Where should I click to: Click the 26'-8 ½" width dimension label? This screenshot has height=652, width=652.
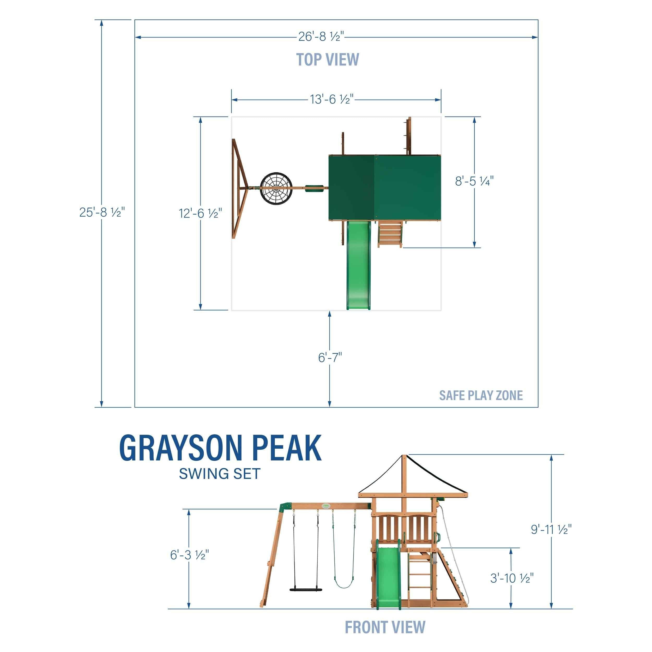[x=321, y=37]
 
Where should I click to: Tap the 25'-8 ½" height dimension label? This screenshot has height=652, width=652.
[x=102, y=212]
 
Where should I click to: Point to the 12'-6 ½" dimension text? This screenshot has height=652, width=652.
[x=201, y=213]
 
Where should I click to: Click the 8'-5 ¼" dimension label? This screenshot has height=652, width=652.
[x=474, y=181]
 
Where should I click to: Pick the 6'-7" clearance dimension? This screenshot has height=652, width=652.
[x=330, y=357]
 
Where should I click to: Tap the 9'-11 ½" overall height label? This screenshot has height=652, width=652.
[x=551, y=529]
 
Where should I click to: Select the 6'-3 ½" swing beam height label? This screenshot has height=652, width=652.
[x=190, y=555]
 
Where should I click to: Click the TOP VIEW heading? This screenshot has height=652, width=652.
[x=327, y=60]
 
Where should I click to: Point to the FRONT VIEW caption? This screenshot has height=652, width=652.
[x=385, y=627]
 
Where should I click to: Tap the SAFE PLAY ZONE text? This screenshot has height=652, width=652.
[x=481, y=395]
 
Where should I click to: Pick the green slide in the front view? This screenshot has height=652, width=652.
[x=388, y=577]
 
